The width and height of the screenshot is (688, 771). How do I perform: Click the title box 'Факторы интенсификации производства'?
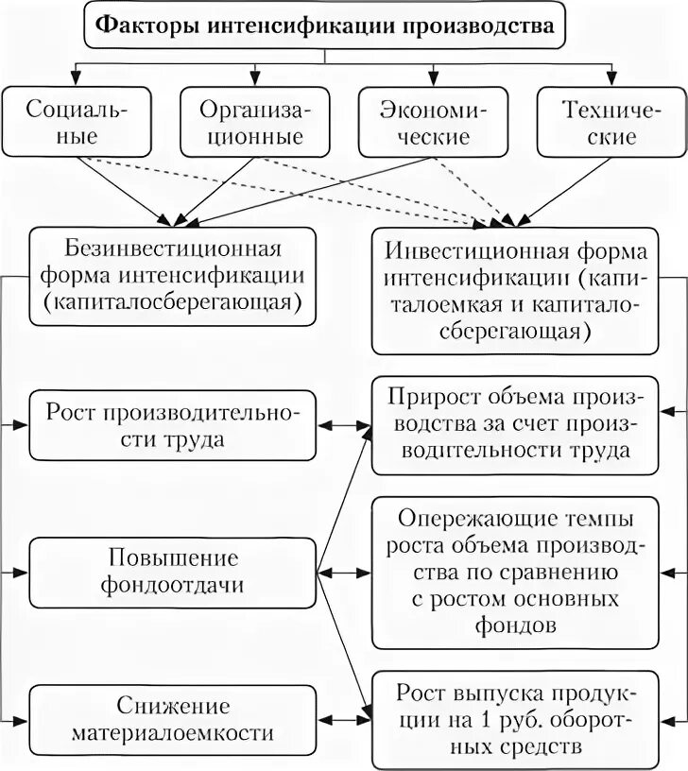326,26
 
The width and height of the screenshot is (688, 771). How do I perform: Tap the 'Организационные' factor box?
252,121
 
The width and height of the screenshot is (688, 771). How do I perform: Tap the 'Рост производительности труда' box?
172,425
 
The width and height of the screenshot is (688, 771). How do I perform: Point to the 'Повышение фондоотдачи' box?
172,572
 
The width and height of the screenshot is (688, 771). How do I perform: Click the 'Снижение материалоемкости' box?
172,718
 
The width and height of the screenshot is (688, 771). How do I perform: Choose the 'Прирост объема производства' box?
515,425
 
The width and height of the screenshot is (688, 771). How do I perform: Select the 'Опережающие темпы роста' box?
515,572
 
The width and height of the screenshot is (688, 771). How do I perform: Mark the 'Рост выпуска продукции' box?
515,718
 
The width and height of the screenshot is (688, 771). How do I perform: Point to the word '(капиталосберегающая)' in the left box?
172,301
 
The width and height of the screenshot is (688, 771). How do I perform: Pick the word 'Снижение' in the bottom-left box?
172,705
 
